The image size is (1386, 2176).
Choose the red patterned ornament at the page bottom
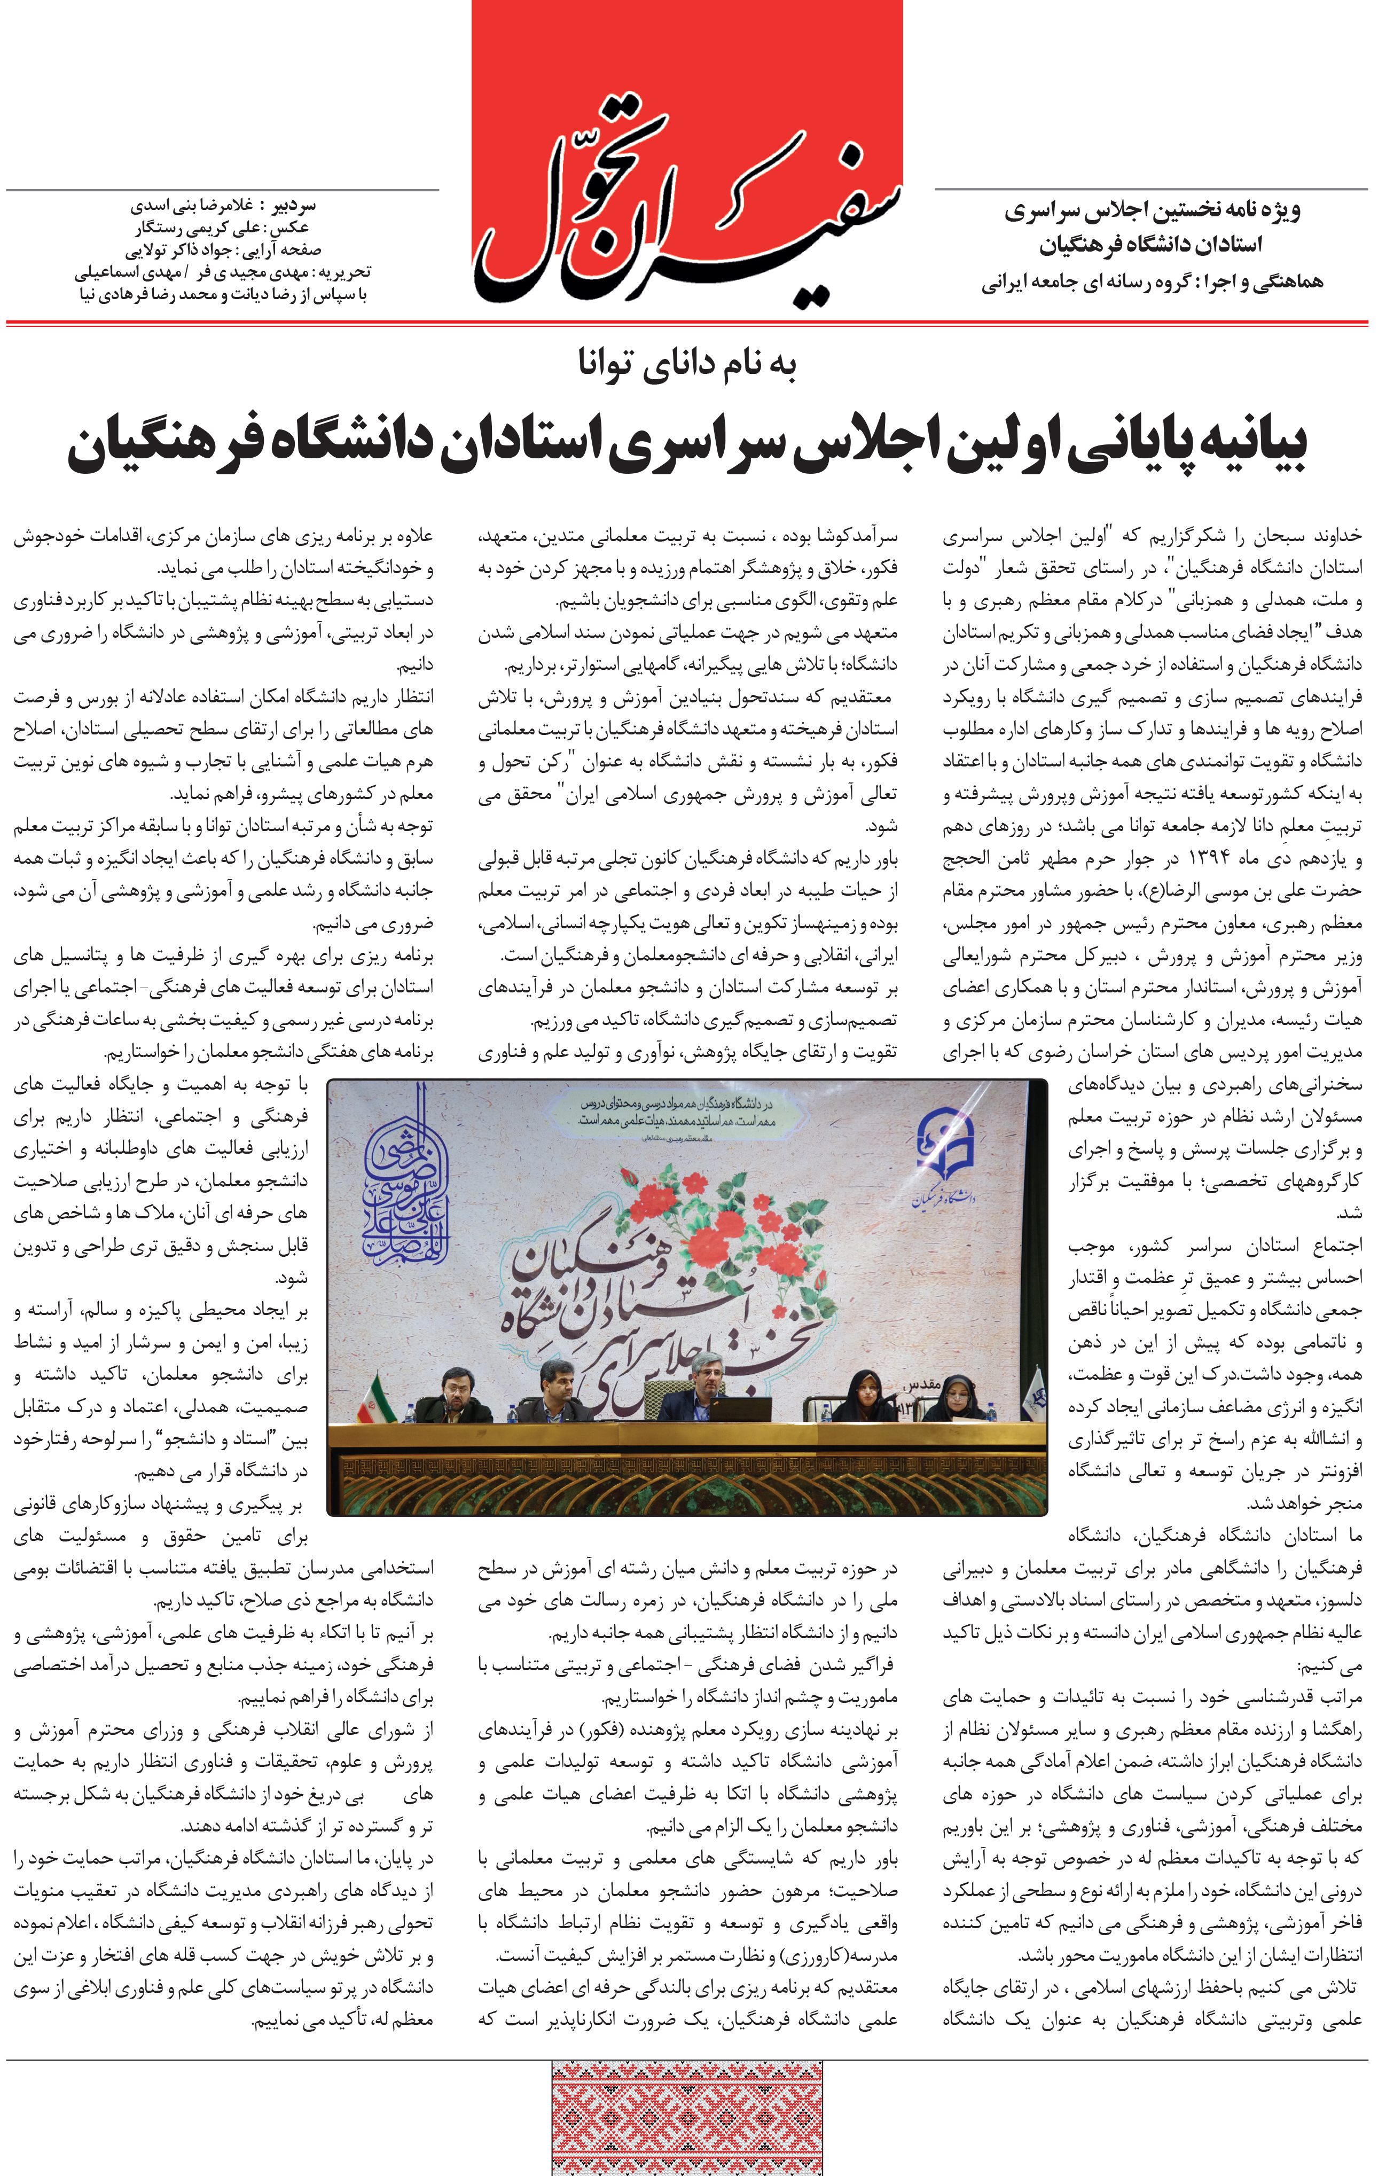pyautogui.click(x=687, y=2118)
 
